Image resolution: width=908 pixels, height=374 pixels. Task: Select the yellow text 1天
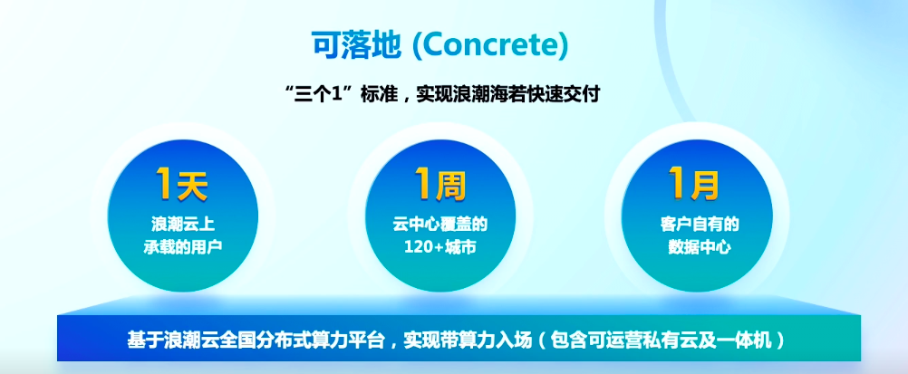coord(182,184)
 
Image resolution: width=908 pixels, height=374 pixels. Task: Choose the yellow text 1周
coord(440,184)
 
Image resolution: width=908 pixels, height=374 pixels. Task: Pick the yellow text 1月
coord(694,183)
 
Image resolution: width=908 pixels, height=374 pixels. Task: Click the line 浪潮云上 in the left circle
coord(183,225)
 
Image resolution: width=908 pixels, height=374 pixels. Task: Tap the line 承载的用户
coord(183,247)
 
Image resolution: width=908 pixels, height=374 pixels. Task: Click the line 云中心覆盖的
coord(440,225)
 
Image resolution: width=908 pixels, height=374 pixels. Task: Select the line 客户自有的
coord(700,225)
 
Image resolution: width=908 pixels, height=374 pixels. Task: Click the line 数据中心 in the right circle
coord(700,247)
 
